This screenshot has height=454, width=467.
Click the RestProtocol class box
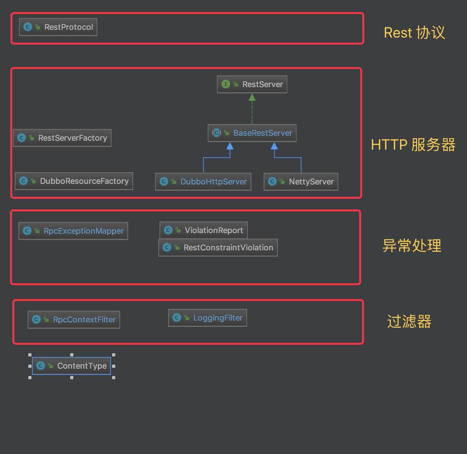click(x=58, y=27)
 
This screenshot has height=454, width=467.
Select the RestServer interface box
click(x=252, y=84)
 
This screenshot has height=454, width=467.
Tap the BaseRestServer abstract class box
click(x=252, y=133)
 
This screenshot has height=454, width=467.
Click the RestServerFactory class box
click(x=62, y=138)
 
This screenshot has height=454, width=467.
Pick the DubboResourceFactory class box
click(x=74, y=181)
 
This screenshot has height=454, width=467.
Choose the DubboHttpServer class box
click(x=203, y=182)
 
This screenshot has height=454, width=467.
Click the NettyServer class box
click(x=301, y=182)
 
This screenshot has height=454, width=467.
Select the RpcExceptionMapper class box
click(x=73, y=231)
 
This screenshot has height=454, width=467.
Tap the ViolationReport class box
click(x=204, y=230)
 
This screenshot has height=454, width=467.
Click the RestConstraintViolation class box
click(x=218, y=248)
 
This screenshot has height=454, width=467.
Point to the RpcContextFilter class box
click(x=74, y=320)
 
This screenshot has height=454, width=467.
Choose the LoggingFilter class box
click(x=208, y=318)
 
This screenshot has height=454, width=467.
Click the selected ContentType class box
click(x=71, y=366)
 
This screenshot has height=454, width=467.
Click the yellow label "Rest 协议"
click(x=414, y=33)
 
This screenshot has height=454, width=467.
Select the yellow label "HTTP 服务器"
click(x=413, y=145)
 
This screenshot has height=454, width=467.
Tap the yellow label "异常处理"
click(x=412, y=246)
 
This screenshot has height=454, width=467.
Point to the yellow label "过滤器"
click(x=409, y=322)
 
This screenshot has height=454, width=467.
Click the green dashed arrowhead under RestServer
click(x=252, y=98)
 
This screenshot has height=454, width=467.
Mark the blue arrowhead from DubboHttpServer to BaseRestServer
click(x=230, y=146)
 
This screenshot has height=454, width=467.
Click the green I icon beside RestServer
click(x=226, y=84)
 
